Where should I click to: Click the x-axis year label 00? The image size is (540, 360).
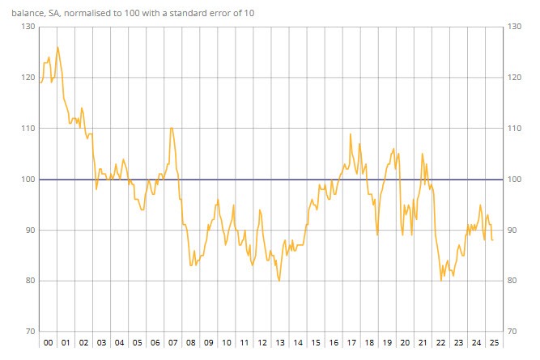point(48,343)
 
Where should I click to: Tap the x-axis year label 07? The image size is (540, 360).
point(172,343)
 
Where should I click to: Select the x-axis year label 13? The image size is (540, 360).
point(279,343)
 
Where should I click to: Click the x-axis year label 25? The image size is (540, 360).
point(493,343)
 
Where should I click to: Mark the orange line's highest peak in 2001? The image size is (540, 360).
point(57,47)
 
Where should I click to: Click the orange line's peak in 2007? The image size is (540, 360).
point(171,127)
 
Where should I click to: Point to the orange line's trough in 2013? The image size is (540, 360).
point(279,281)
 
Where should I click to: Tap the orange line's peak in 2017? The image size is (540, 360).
point(350,133)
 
